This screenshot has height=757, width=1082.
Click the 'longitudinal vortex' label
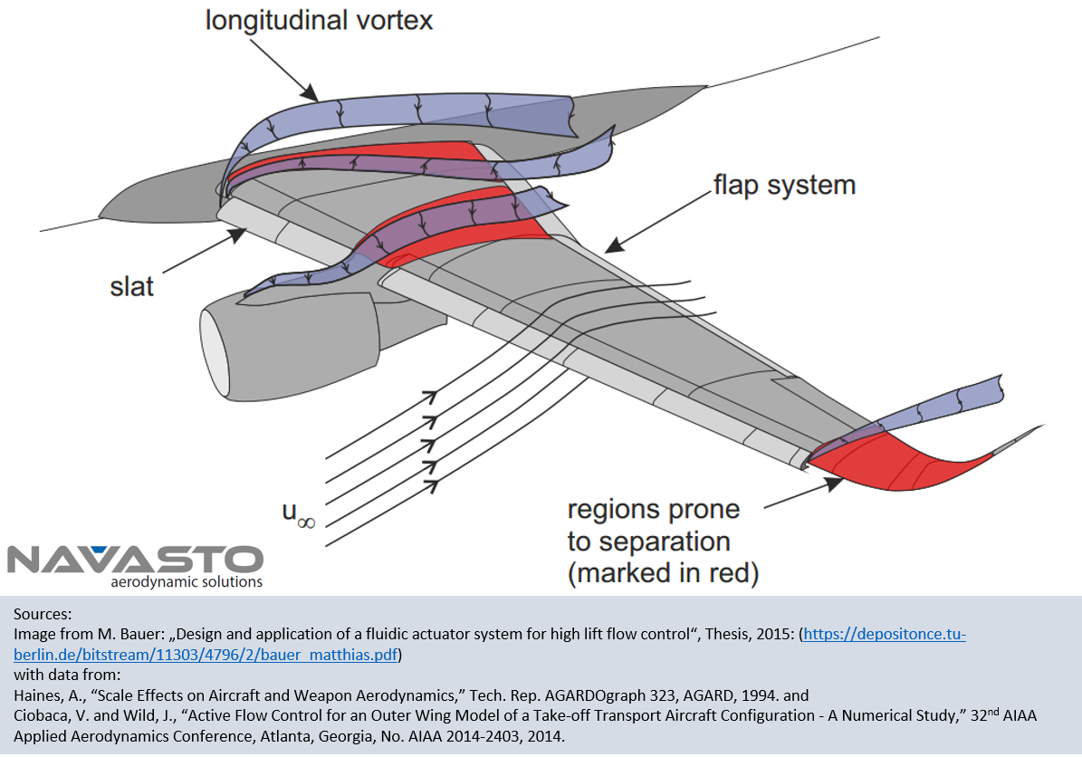pyautogui.click(x=319, y=19)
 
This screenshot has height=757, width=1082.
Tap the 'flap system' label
pyautogui.click(x=784, y=187)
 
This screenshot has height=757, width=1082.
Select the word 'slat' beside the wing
pyautogui.click(x=131, y=287)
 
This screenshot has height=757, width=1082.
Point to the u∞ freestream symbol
pyautogui.click(x=298, y=515)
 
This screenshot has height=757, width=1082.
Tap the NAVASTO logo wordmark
pyautogui.click(x=135, y=558)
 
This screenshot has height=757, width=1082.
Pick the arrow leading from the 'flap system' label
pyautogui.click(x=652, y=222)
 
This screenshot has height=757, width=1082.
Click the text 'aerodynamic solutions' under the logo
pyautogui.click(x=186, y=582)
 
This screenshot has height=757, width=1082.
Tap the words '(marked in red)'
pyautogui.click(x=663, y=572)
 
